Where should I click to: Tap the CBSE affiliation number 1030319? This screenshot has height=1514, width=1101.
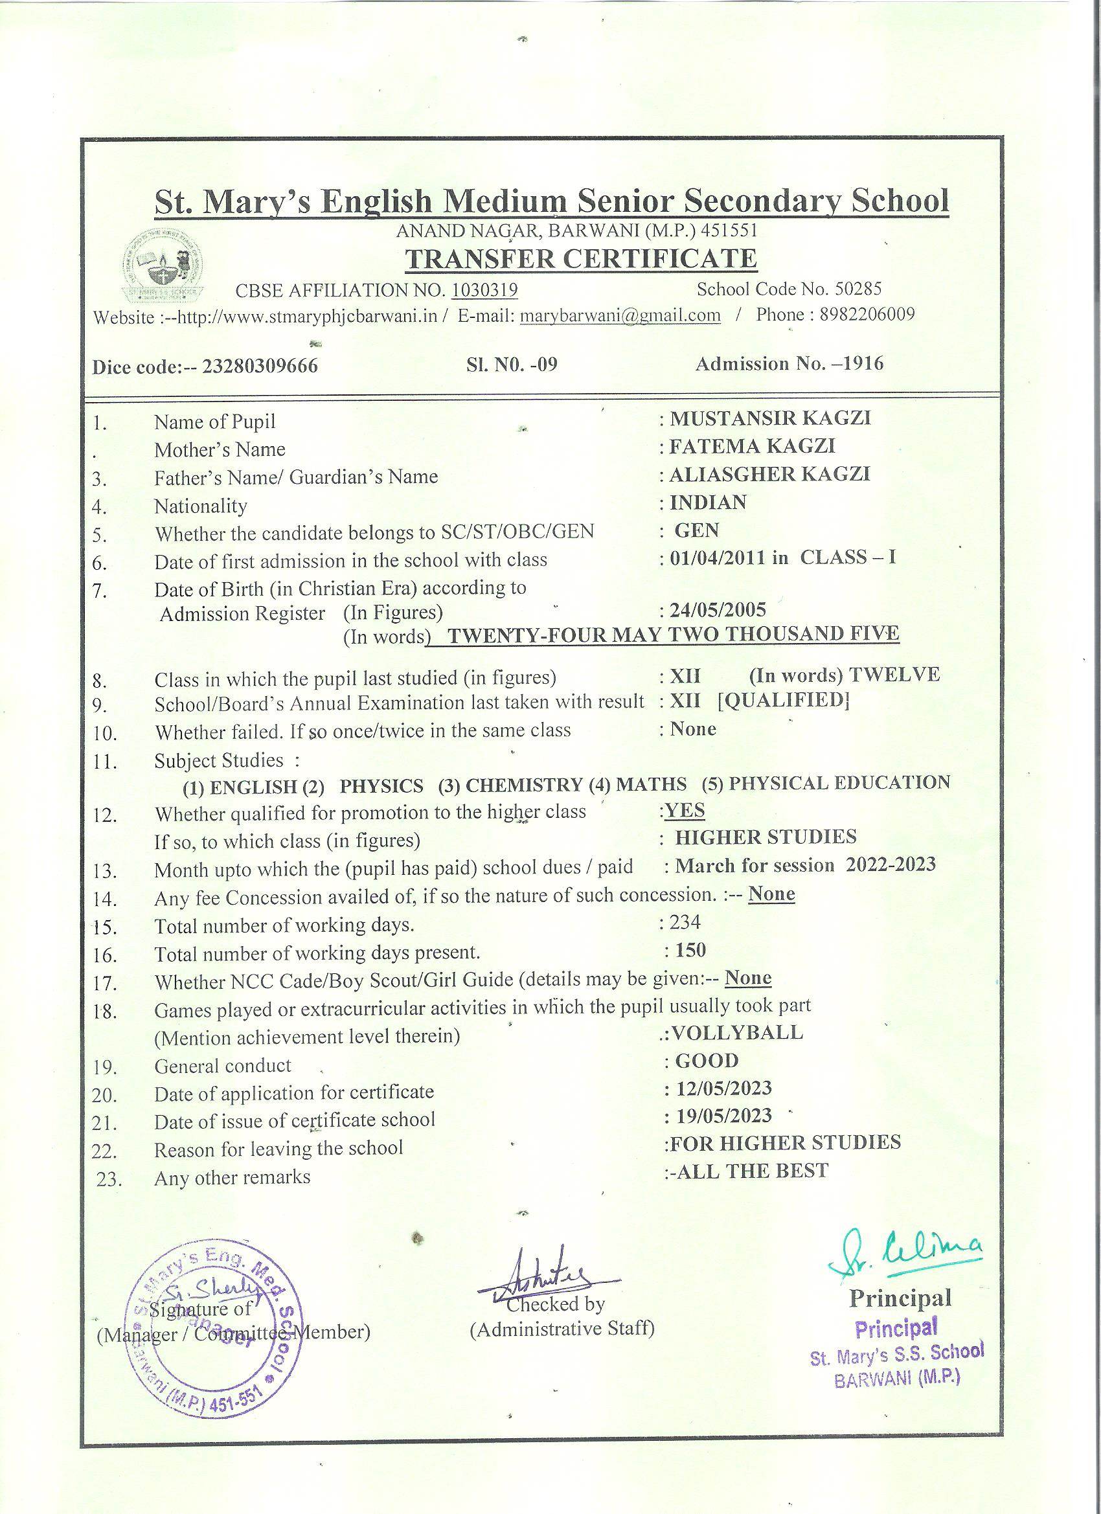pos(484,290)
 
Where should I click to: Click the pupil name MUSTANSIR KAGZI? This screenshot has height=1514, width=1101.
pos(770,418)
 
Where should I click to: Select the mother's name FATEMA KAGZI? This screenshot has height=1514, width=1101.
pos(753,446)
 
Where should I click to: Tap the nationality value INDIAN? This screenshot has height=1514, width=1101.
pos(708,502)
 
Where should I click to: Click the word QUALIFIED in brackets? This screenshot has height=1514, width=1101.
pos(783,701)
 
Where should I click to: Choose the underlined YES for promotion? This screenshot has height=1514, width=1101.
pos(685,809)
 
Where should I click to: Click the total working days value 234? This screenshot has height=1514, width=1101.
pos(685,922)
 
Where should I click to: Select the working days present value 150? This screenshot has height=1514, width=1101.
pos(690,950)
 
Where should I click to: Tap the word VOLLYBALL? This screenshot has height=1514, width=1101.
pos(736,1033)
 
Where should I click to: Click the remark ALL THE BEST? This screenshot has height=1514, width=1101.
pos(752,1171)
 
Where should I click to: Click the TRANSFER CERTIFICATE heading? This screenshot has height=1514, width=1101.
pos(582,259)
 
